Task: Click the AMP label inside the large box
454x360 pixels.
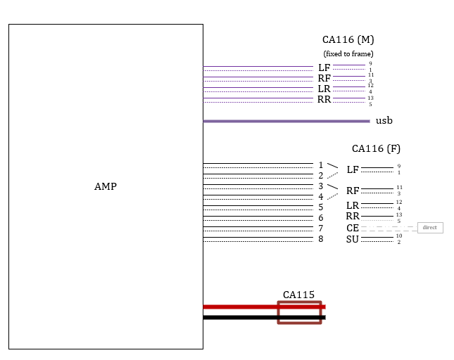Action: coord(106,187)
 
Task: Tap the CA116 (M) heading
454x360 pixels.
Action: coord(348,40)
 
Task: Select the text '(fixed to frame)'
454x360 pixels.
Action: coord(348,53)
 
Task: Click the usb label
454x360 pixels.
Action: coord(384,121)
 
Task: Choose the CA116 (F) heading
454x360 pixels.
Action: coord(376,148)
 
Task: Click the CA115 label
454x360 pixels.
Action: coord(298,295)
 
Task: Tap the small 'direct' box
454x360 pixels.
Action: coord(429,228)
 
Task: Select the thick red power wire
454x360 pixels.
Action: coord(239,307)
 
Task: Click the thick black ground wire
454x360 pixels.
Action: coord(239,318)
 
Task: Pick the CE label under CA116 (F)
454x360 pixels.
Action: coord(353,229)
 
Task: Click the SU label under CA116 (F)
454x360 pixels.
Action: coord(353,240)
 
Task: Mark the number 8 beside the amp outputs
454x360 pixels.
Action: coord(320,239)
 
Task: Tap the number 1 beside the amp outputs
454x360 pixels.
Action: coord(320,165)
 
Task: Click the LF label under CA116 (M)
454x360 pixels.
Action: coord(324,67)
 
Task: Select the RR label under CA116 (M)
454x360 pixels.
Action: coord(324,100)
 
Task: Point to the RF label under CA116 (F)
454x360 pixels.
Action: coord(353,191)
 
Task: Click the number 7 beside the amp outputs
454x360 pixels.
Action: coord(320,229)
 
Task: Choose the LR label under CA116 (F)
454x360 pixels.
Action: coord(353,205)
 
